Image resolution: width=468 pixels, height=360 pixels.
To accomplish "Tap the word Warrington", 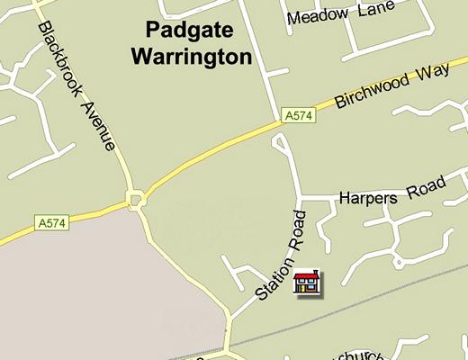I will [191, 58].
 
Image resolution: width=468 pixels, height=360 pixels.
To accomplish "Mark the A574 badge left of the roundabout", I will [52, 221].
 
